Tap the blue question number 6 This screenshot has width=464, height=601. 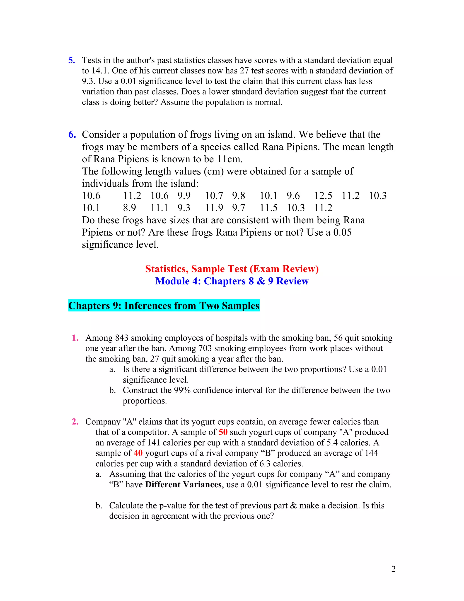pos(72,134)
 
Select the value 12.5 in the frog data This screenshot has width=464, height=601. pos(323,196)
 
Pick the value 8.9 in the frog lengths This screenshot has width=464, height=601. pos(129,208)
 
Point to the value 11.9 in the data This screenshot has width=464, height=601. pos(214,208)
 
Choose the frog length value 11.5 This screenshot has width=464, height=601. pos(268,208)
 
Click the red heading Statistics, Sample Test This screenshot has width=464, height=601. pos(232,269)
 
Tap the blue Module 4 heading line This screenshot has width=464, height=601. pos(232,281)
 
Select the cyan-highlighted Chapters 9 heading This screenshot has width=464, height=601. pos(164,306)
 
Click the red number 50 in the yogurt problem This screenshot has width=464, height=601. pos(223,432)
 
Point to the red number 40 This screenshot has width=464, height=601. pos(138,453)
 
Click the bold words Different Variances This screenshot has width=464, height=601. pos(183,484)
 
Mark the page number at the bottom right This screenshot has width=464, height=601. pos(393,569)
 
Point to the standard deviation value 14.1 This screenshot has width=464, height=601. pos(100,71)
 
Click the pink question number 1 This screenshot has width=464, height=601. pos(75,338)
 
